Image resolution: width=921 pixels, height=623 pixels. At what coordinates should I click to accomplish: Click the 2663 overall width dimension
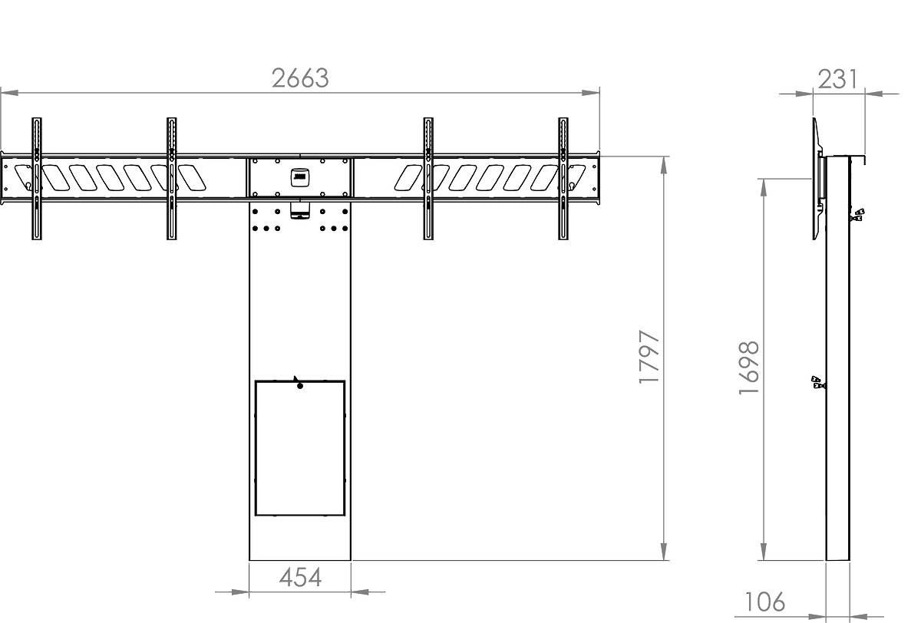300,78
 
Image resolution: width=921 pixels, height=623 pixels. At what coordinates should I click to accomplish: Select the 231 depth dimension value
838,79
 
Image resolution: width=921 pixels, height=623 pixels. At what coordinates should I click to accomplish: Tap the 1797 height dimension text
649,357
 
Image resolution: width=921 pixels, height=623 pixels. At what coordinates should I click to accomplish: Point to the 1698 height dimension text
749,368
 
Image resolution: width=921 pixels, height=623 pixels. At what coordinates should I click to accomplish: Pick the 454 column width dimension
300,578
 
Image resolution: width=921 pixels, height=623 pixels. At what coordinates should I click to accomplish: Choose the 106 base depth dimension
764,602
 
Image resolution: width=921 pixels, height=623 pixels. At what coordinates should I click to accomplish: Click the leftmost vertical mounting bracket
37,179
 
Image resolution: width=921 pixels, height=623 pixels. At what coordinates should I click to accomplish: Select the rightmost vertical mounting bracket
563,179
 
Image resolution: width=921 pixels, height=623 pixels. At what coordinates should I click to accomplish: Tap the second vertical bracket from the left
172,179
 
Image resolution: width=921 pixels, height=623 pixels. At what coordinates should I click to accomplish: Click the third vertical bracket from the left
428,179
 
